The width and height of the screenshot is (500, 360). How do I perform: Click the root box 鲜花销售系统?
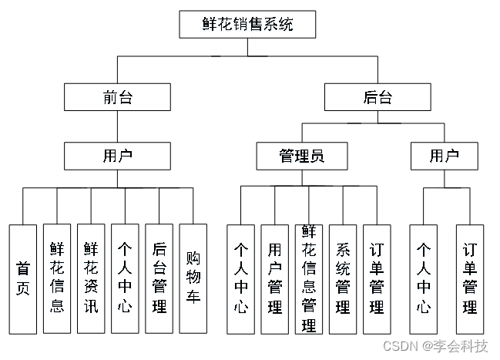[247, 25]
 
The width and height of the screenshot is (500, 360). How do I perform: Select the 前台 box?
[117, 97]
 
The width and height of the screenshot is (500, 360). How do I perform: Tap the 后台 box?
[378, 97]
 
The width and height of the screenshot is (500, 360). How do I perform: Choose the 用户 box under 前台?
[117, 156]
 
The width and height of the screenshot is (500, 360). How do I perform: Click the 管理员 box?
[301, 156]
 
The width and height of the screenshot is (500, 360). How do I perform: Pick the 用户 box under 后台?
[445, 156]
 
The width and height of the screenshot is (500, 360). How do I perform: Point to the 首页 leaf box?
[23, 278]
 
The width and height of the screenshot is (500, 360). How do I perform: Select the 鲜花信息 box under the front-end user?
[57, 278]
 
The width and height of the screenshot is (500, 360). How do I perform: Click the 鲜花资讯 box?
[91, 278]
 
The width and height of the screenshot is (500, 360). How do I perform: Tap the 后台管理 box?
[159, 278]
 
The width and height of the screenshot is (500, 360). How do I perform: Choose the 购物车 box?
[193, 278]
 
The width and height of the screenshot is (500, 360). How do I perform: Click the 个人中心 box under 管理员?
[240, 278]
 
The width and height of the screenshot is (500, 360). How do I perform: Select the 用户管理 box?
[274, 278]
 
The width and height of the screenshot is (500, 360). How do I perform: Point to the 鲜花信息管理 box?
[308, 278]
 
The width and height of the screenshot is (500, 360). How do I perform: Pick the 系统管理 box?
[342, 278]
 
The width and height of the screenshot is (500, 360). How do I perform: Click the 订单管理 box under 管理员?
[376, 278]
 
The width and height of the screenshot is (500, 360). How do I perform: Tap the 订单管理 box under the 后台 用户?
[470, 278]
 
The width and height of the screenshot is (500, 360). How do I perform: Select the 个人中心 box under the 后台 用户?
[423, 278]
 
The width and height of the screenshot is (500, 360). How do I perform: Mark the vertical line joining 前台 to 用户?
[117, 126]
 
